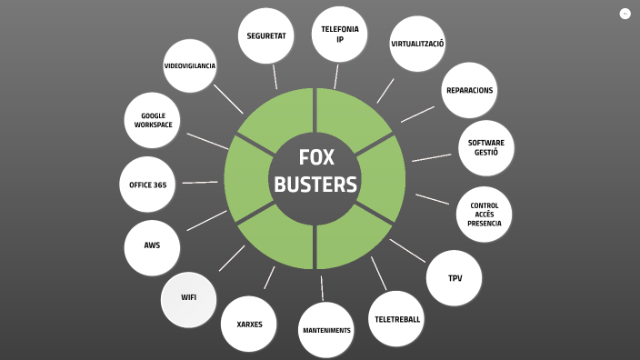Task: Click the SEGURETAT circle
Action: (266, 35)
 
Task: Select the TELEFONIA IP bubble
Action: (339, 35)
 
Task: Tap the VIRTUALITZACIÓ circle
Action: (417, 44)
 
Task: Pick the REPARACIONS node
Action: (469, 90)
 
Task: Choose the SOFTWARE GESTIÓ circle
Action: (486, 147)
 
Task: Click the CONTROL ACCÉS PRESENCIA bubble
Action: (484, 215)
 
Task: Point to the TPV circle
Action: (455, 278)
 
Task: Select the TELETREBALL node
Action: (397, 319)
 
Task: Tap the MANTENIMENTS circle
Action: (326, 330)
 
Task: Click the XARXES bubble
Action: (249, 324)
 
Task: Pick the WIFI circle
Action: (189, 298)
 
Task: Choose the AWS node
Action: (152, 246)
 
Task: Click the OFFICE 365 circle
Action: (147, 185)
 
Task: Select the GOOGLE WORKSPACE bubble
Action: (152, 120)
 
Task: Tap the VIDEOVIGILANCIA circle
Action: (190, 66)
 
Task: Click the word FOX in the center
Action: (315, 158)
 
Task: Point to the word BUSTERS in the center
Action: (315, 185)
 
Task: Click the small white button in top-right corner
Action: (625, 14)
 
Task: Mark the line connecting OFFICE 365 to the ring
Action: (200, 183)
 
